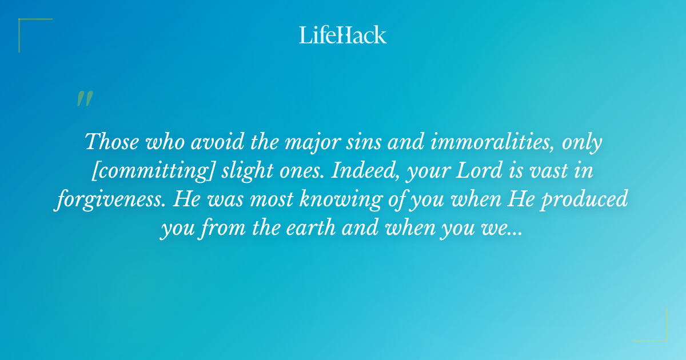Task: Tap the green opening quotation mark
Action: (84, 99)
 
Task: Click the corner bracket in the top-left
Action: (29, 29)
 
